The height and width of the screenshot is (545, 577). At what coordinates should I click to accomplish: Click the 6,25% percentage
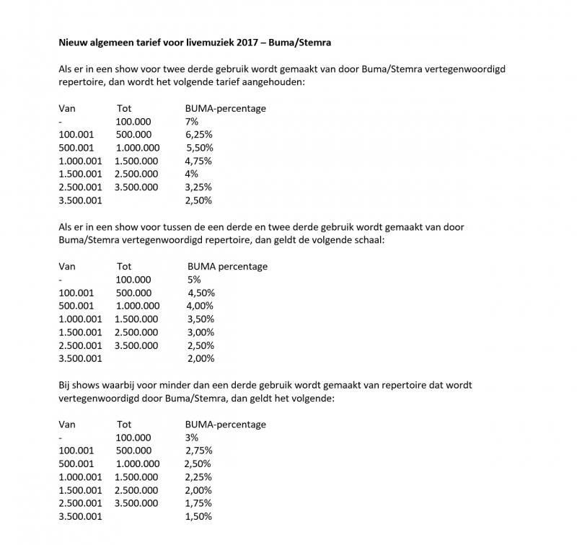point(198,134)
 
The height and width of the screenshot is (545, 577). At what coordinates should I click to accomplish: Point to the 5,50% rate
point(200,147)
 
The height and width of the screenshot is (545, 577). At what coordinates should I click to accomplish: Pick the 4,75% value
point(198,161)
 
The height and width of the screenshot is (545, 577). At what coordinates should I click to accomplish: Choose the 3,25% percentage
point(198,187)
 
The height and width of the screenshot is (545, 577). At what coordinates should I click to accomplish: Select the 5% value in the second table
point(194,279)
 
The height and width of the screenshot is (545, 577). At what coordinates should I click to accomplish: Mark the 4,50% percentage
point(201,293)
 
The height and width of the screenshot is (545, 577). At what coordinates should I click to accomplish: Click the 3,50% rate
point(201,319)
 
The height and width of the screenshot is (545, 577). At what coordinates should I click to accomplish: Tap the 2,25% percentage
point(198,477)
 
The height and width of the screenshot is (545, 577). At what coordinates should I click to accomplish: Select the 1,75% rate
point(198,503)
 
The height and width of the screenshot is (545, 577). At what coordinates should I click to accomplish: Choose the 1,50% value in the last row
point(198,516)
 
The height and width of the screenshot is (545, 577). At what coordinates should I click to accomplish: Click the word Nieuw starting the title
point(71,43)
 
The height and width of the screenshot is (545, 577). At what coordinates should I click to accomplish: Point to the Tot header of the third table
point(124,424)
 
